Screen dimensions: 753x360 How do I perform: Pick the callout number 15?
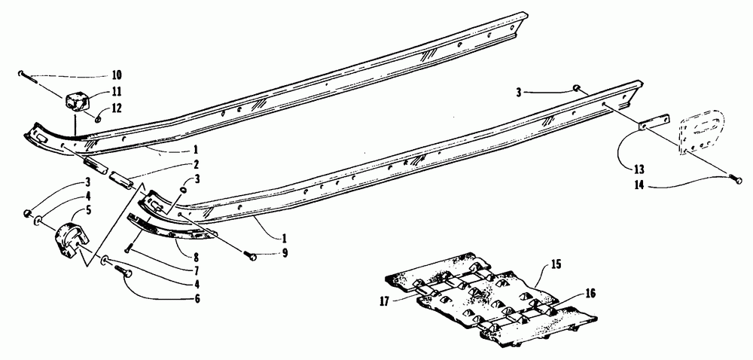tap(556, 264)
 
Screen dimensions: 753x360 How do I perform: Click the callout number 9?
tap(285, 253)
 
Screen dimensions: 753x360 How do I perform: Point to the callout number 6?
tap(196, 298)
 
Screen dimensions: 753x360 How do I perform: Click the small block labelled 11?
tap(78, 102)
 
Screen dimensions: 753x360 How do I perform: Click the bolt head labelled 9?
tap(251, 257)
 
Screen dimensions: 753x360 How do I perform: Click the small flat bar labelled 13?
tap(654, 121)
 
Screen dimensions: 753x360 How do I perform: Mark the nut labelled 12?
tap(97, 117)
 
